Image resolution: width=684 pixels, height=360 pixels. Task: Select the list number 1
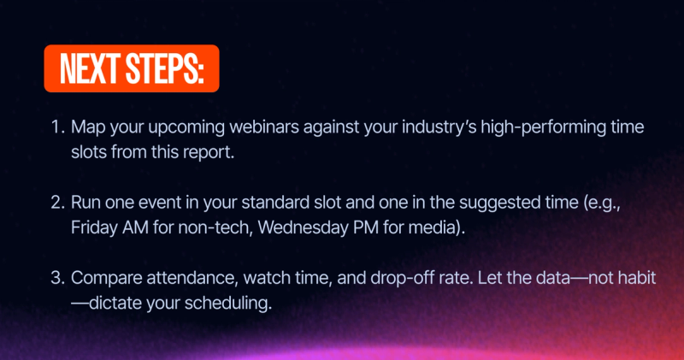pos(57,127)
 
